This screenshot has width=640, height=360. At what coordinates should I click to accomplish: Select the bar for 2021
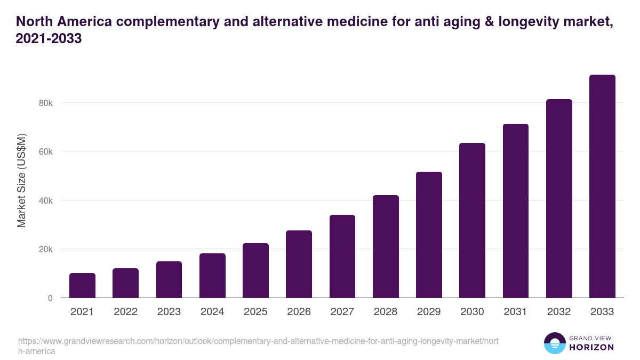[x=82, y=285]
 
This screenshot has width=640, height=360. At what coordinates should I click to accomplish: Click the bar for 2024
[x=212, y=275]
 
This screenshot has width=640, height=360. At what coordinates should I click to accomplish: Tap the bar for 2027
[x=342, y=256]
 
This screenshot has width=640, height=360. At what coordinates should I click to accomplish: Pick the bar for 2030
[x=472, y=220]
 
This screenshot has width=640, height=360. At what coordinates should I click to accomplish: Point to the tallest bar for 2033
[x=602, y=186]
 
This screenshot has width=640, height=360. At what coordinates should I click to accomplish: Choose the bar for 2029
[x=429, y=235]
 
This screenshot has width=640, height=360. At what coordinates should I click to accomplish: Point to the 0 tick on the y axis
[x=50, y=298]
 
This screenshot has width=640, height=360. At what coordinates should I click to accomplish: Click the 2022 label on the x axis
[x=125, y=312]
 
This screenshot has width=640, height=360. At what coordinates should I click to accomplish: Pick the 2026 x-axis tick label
[x=299, y=312]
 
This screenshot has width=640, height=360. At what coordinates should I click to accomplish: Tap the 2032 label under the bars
[x=559, y=312]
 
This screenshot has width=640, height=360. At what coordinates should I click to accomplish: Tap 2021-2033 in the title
[x=49, y=39]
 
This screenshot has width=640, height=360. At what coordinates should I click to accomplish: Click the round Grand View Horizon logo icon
[x=554, y=343]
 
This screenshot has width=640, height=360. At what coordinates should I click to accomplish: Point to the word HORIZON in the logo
[x=591, y=347]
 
